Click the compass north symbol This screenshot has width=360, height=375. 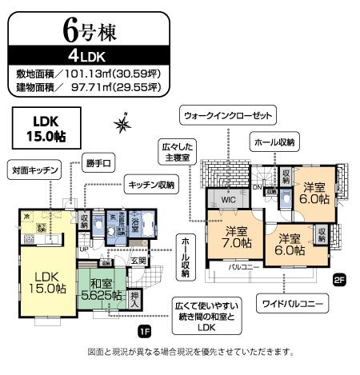[x=122, y=123]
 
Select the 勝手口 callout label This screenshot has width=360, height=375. [x=100, y=164]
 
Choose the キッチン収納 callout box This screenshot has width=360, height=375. [x=152, y=185]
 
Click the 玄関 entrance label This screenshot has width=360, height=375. [x=138, y=261]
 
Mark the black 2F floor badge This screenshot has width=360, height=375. [x=339, y=279]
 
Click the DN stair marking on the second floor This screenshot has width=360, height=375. [x=257, y=187]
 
